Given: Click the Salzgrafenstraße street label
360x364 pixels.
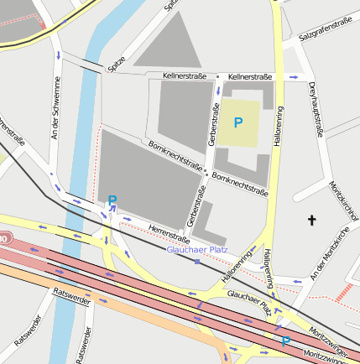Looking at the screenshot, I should pyautogui.click(x=325, y=33).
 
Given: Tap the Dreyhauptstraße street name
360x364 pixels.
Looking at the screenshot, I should pyautogui.click(x=316, y=108).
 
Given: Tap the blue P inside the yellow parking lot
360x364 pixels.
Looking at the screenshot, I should pyautogui.click(x=238, y=122).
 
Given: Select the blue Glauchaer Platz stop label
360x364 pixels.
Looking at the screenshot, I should pyautogui.click(x=197, y=249).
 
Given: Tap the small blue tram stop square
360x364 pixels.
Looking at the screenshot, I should pyautogui.click(x=197, y=262).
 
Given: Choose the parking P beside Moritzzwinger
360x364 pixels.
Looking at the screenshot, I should pyautogui.click(x=285, y=341).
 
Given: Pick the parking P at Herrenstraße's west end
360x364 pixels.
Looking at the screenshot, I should pyautogui.click(x=112, y=200).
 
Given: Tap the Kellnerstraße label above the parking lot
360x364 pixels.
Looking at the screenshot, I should pyautogui.click(x=250, y=77).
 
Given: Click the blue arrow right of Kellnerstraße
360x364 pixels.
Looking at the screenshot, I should pyautogui.click(x=293, y=77).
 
